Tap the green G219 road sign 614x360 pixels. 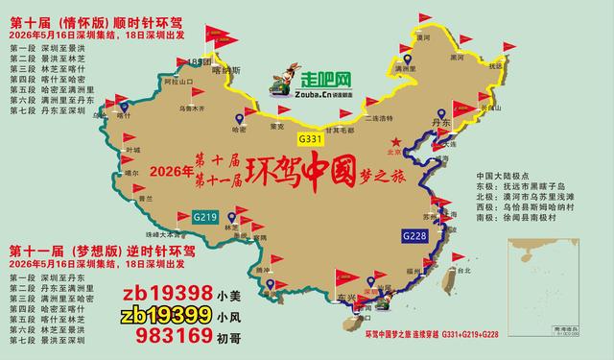click(204, 216)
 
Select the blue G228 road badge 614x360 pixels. click(413, 234)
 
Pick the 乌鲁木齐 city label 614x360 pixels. click(170, 108)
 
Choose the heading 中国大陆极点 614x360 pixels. click(503, 175)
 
